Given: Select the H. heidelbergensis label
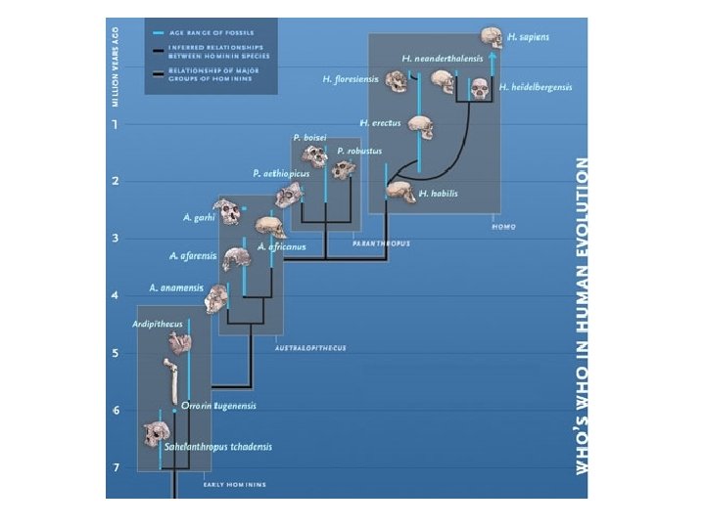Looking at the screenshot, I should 535,87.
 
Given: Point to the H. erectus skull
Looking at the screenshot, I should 419,127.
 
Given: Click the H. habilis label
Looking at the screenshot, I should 438,194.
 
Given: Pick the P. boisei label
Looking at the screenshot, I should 309,138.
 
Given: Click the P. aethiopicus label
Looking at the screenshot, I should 281,173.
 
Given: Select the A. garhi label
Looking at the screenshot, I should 199,217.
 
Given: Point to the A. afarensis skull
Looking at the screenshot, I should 236,259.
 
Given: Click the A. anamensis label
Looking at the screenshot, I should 176,287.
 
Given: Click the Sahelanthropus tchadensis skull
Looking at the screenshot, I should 155,436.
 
